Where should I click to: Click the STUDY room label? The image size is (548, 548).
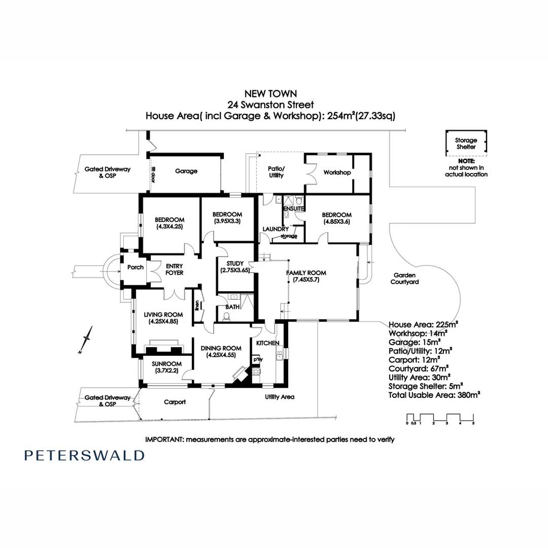pos(235,263)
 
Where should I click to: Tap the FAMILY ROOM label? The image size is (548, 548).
pos(306,273)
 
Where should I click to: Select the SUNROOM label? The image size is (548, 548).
pos(166,363)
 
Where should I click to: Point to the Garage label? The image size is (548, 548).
pos(186,172)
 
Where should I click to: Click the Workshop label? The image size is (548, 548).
pos(337,173)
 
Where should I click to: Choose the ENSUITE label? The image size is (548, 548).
pos(294,209)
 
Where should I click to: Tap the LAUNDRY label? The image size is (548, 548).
pos(276,229)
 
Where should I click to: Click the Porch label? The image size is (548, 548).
pos(135,267)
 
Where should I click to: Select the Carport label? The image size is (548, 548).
pos(175,402)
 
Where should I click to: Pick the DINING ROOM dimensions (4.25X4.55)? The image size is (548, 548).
pos(220,355)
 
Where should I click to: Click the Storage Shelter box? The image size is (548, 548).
pos(466,144)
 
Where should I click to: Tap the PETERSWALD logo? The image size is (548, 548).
pos(84,455)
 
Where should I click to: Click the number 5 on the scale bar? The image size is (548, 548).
pos(473,423)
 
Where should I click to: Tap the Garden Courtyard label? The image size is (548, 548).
pos(404,279)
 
